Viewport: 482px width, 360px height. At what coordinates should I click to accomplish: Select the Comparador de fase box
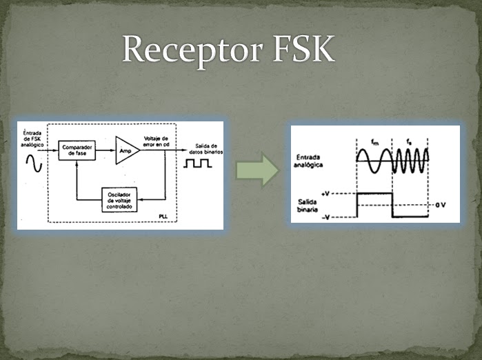coord(76,150)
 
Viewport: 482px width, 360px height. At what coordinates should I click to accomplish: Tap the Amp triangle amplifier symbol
coord(125,150)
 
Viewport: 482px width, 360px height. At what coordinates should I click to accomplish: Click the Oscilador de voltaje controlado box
coord(121,199)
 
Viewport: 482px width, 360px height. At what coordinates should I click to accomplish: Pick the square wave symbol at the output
coord(197,165)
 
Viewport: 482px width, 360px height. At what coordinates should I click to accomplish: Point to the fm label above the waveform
coord(374,142)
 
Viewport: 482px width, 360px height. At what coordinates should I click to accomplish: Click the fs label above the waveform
coord(410,142)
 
